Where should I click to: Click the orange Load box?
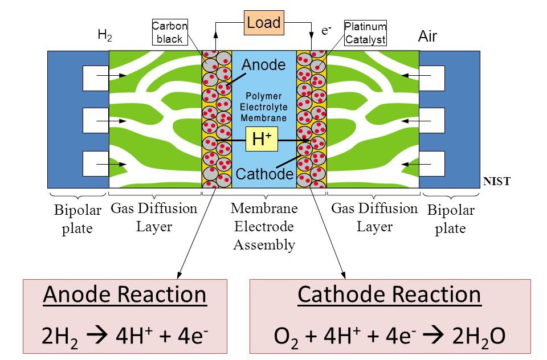(264, 23)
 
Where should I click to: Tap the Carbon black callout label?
(169, 33)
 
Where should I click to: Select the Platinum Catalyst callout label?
(365, 33)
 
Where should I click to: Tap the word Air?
(427, 37)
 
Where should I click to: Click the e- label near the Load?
(326, 30)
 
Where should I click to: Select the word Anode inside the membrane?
(264, 64)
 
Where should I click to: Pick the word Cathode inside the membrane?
(264, 173)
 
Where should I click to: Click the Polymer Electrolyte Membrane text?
(263, 107)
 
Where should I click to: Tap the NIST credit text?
(497, 182)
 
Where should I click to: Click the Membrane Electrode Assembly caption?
(264, 227)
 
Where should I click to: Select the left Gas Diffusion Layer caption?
(154, 217)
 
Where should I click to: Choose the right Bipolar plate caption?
(450, 219)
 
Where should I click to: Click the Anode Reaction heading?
(125, 294)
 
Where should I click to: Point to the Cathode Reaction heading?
(389, 294)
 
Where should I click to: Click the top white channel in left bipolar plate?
(95, 79)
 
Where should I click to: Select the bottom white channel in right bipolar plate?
(432, 163)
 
